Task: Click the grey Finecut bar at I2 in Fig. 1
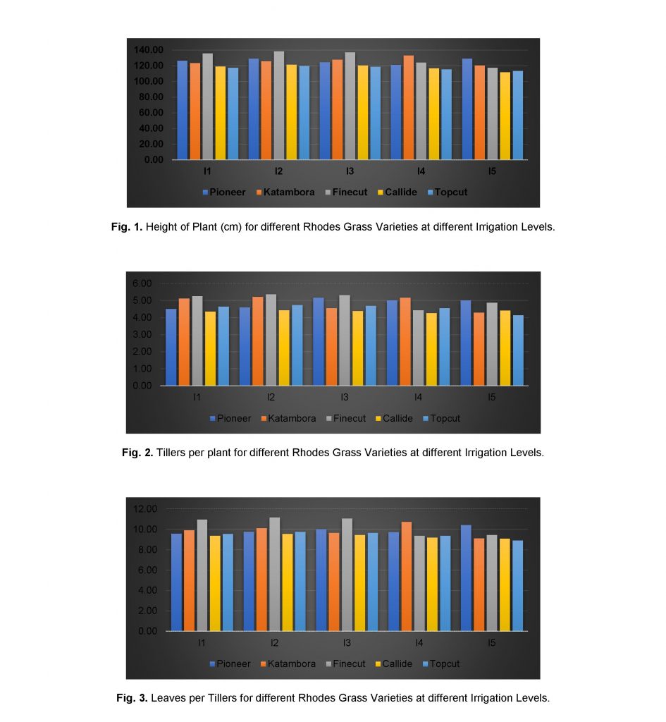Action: (x=278, y=106)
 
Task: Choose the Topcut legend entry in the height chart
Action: (x=447, y=192)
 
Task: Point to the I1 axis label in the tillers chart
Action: (x=198, y=398)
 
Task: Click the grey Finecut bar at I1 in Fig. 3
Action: (x=202, y=575)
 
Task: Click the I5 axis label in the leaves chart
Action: (x=491, y=643)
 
